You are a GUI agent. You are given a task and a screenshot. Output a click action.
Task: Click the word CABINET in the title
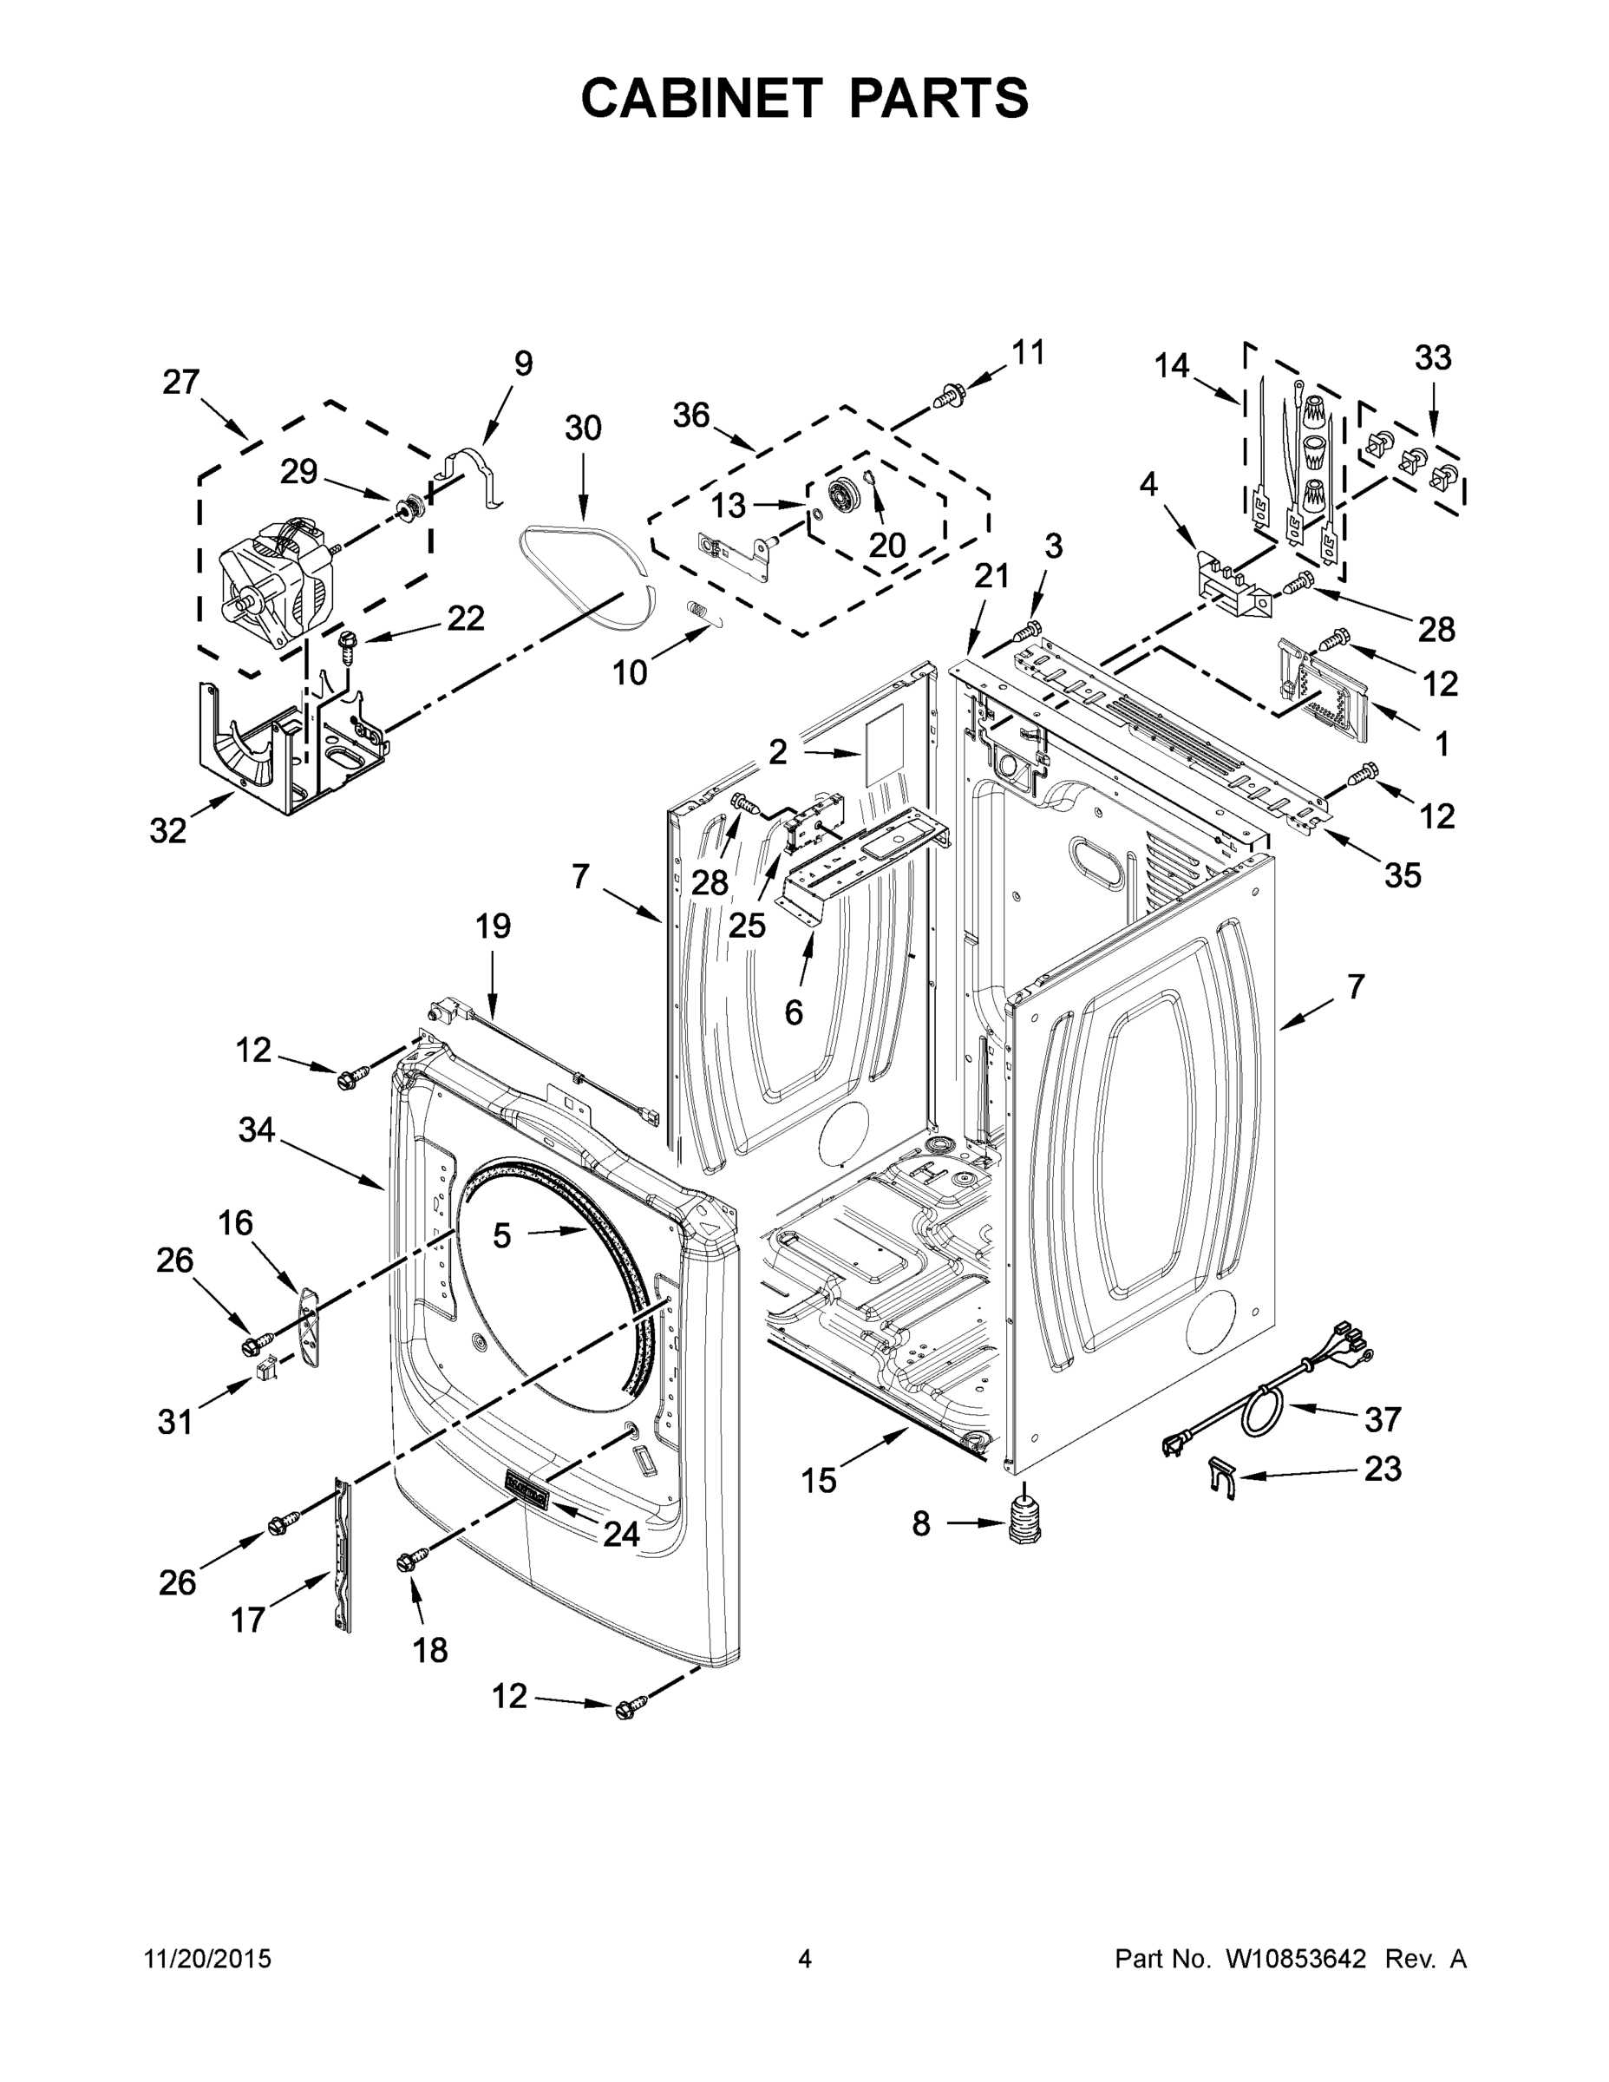pos(702,97)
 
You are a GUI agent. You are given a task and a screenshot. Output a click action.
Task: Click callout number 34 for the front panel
pos(257,1130)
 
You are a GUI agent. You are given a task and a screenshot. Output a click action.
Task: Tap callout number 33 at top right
pos(1432,358)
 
